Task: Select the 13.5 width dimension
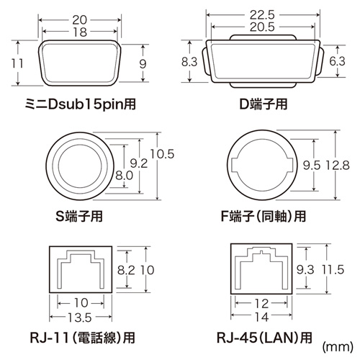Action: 79,316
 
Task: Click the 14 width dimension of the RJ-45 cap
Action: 262,316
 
